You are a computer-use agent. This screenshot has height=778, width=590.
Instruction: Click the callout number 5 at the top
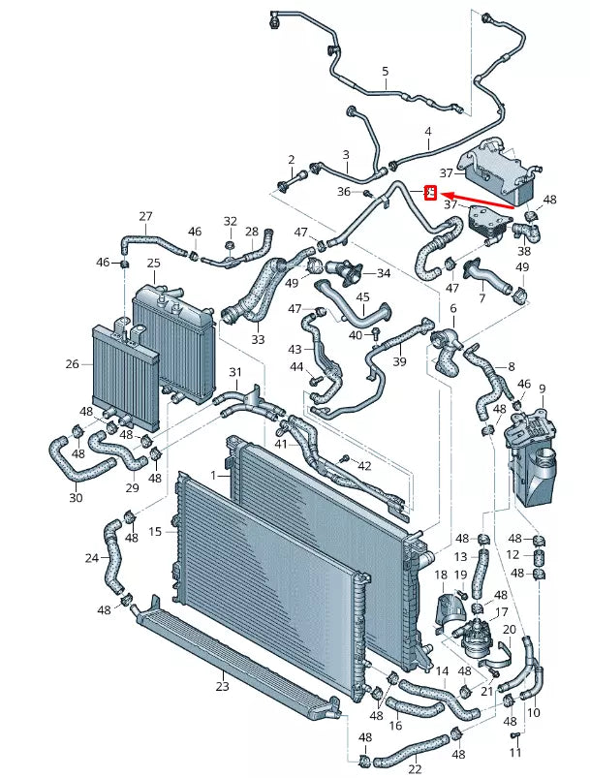pos(385,72)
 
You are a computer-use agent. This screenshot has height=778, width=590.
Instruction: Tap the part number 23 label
pos(222,686)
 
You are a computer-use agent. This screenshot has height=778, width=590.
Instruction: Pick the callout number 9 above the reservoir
pos(542,389)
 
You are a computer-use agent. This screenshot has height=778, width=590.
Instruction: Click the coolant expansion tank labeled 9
pos(527,455)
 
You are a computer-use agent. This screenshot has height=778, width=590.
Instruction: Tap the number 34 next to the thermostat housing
pos(384,273)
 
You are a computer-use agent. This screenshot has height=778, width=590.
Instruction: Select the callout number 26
pos(72,364)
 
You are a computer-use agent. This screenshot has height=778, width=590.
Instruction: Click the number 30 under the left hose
pos(76,498)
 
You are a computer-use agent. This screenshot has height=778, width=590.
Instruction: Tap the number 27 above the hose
pos(146,216)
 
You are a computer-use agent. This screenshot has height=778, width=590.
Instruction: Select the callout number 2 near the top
pos(290,159)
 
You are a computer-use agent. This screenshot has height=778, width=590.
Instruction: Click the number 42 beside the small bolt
pos(364,466)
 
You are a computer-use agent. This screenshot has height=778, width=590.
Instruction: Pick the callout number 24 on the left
pos(91,557)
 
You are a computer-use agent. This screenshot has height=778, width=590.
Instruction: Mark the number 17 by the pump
pos(502,612)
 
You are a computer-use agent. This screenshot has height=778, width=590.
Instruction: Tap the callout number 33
pos(258,340)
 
